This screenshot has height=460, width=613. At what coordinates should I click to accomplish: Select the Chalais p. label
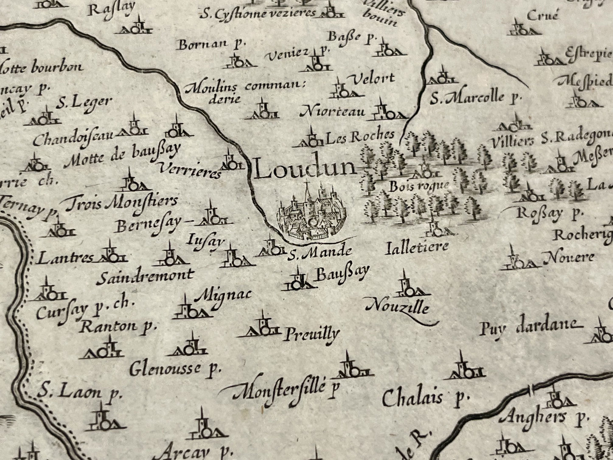[x=425, y=398]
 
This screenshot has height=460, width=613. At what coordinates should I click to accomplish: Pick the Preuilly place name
[x=311, y=334]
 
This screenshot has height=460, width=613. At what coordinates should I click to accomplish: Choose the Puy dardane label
[x=528, y=327]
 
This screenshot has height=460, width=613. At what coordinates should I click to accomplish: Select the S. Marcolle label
[x=474, y=98]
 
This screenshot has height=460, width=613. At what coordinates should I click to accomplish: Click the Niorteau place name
[x=332, y=112]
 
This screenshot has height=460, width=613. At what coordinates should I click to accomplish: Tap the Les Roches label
[x=360, y=136]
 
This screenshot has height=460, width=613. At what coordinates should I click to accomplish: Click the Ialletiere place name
[x=417, y=247]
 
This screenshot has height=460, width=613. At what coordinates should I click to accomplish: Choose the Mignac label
[x=225, y=295]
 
